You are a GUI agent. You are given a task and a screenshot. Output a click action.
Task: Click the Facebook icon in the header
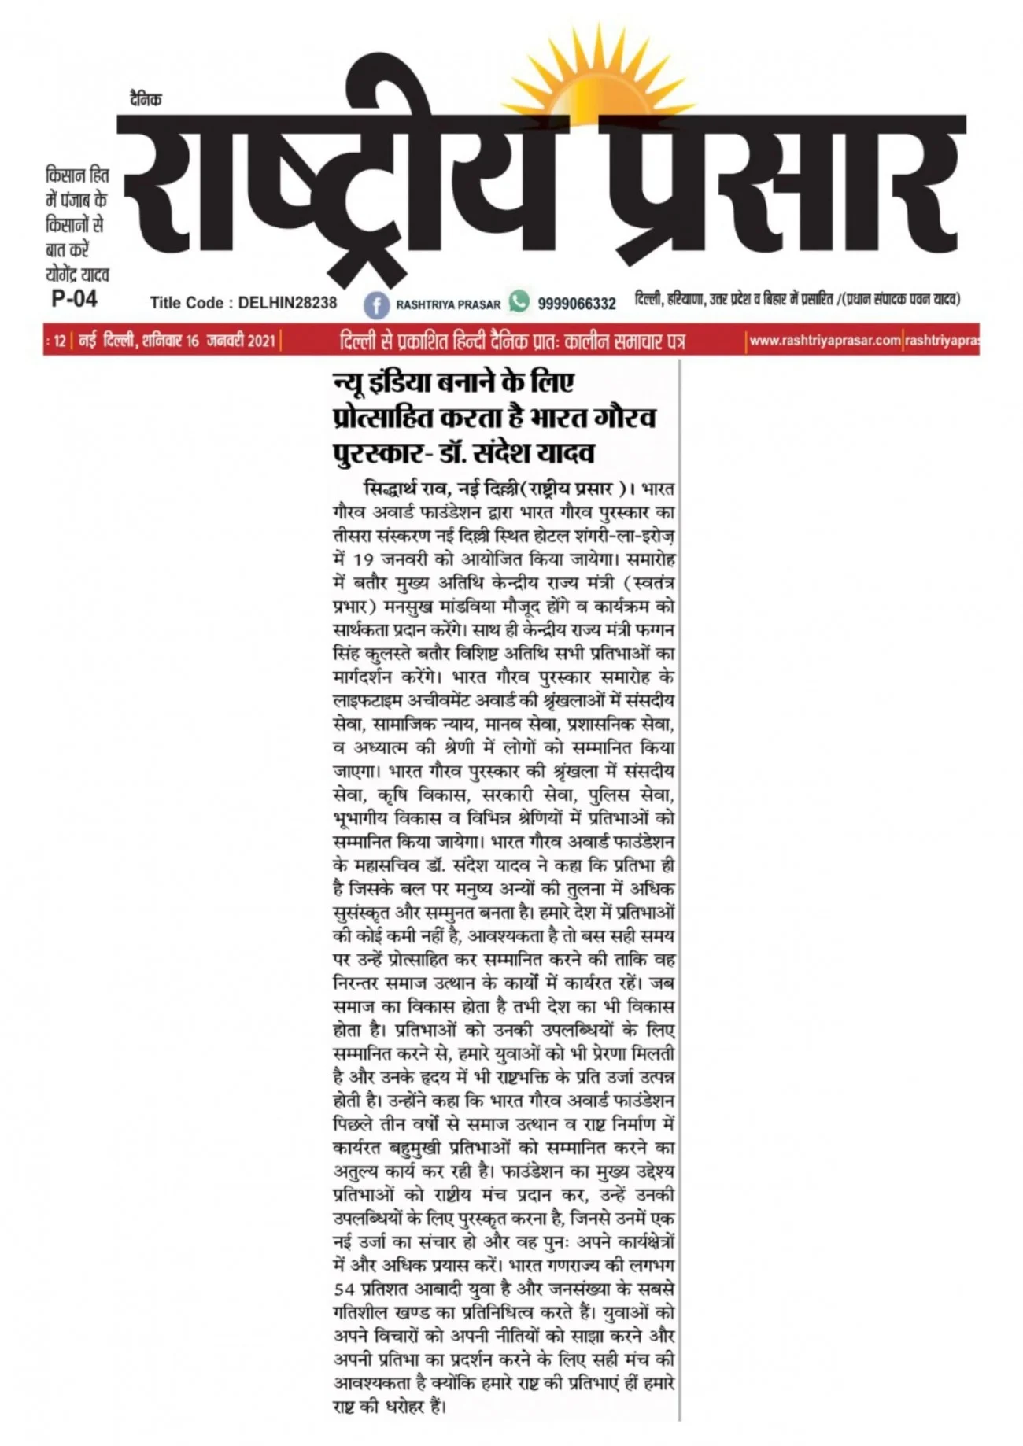tap(376, 304)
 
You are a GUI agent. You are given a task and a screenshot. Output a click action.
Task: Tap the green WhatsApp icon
tap(519, 301)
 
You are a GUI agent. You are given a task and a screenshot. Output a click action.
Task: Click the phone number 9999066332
tap(577, 304)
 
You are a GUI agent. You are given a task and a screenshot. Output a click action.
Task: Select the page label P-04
tap(74, 299)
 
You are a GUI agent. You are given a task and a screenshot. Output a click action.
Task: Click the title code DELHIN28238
tap(287, 303)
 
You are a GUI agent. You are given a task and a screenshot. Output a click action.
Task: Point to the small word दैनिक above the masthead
tap(146, 100)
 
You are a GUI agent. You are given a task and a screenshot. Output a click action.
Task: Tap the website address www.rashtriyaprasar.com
tap(824, 341)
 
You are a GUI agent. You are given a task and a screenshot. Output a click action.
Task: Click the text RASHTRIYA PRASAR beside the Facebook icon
tap(448, 304)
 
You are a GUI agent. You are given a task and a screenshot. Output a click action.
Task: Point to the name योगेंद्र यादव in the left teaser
tap(77, 275)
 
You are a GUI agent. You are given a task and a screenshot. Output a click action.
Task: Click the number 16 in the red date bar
tap(194, 341)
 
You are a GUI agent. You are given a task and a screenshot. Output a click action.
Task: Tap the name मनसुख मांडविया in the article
tap(441, 607)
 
